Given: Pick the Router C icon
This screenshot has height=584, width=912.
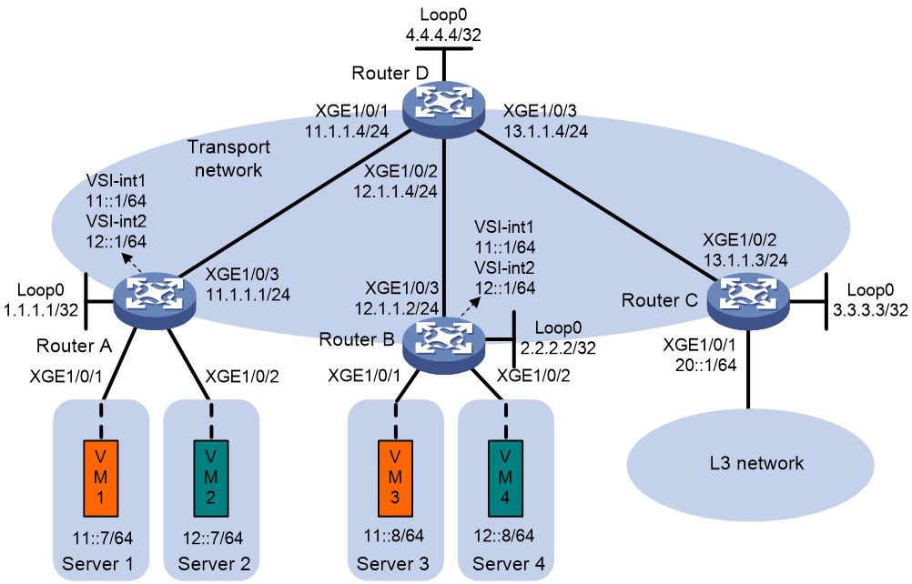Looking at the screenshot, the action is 748,301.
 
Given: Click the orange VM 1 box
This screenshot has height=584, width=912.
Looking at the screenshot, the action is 101,478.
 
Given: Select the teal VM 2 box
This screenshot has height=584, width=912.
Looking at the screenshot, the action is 211,478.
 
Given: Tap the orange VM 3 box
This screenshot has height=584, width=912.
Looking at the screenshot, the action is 396,478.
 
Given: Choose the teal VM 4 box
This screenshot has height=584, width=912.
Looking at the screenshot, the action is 505,478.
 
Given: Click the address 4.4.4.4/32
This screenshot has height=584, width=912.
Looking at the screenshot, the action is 443,35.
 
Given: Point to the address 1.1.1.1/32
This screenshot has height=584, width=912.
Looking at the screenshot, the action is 41,309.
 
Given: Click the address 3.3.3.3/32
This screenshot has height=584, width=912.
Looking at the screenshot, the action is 870,309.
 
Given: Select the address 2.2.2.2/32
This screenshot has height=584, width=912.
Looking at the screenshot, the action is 558,347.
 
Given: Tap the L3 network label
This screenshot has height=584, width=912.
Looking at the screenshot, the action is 756,463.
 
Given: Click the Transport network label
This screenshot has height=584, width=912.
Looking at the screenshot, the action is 228,158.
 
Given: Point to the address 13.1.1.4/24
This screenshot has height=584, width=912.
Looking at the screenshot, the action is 545,131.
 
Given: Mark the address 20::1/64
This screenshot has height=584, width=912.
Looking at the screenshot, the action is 705,365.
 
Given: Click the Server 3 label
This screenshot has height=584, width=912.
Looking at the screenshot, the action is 392,564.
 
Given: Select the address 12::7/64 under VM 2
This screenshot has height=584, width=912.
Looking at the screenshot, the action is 213,539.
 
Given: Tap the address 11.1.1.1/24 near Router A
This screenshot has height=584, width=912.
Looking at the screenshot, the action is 248,295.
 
